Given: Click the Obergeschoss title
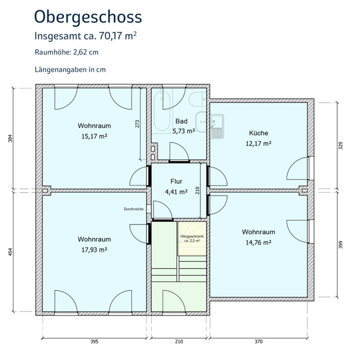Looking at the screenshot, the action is point(88,17).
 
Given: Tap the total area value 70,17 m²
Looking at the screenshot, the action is point(118,36).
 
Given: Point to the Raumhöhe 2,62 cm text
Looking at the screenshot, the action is point(67,52).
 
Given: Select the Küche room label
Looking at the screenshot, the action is point(259,133).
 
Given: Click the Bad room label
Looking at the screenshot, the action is point(181,121).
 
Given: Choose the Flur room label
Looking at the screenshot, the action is point(176,181).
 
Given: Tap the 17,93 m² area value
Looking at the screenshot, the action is point(94,250).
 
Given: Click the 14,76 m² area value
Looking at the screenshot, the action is point(258,243).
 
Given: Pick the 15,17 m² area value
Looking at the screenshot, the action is point(94,136).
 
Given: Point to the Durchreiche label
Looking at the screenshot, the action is point(133,209).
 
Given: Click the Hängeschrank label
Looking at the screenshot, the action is point(192,236).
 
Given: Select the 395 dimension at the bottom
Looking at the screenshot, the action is point(94,341).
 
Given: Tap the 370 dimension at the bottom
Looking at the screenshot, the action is point(258,341).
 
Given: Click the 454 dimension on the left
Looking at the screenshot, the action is point(10,252).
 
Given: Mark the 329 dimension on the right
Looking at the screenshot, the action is point(341,146).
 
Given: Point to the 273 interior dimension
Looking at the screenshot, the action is point(137,124).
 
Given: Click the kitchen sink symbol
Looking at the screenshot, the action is point(217,126).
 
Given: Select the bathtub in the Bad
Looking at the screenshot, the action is point(162,111).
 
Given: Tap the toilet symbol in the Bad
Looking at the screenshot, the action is point(198,99).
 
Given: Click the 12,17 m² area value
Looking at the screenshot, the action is point(258,143).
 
